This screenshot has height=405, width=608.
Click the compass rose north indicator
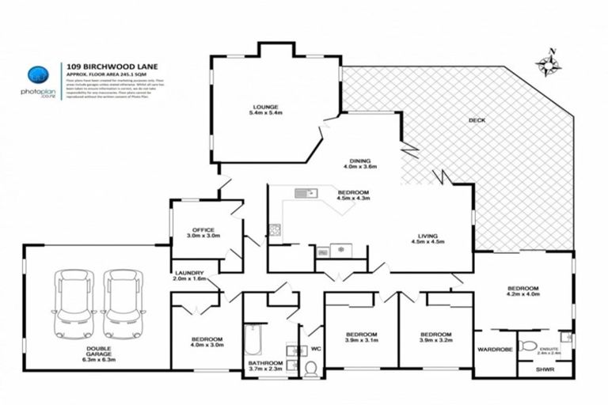point(545,64)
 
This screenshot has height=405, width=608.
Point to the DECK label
point(477,120)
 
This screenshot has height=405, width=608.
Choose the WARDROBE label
point(494,349)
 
